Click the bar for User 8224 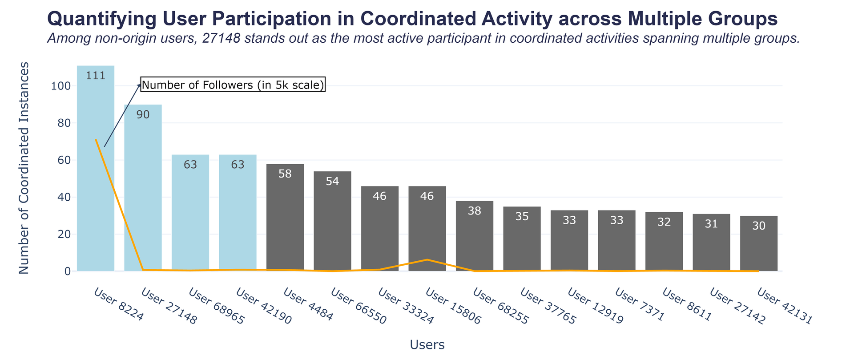point(96,178)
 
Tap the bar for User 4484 point(285,222)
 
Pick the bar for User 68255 point(475,240)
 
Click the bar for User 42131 point(759,247)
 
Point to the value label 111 point(96,76)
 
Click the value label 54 point(332,182)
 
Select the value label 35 point(522,217)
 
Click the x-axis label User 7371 point(640,304)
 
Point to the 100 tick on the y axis point(60,86)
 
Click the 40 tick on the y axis point(63,197)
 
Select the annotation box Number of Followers point(233,85)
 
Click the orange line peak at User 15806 point(427,259)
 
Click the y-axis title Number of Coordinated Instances point(24,168)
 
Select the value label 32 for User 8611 point(664,222)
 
